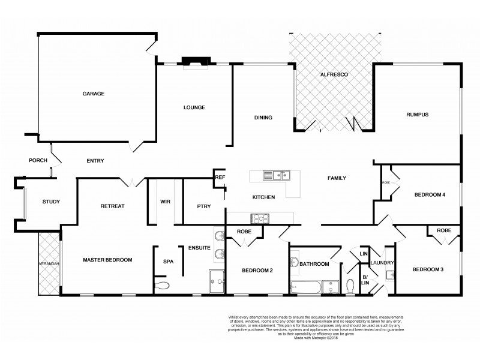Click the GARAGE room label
[x=94, y=94]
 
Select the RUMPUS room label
[x=417, y=115]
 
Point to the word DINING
[x=263, y=118]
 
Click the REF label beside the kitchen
[x=220, y=178]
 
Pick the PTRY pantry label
[x=203, y=206]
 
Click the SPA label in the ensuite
[x=168, y=261]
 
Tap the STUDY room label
[x=51, y=202]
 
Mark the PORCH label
[x=38, y=160]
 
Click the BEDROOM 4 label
[x=430, y=195]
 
